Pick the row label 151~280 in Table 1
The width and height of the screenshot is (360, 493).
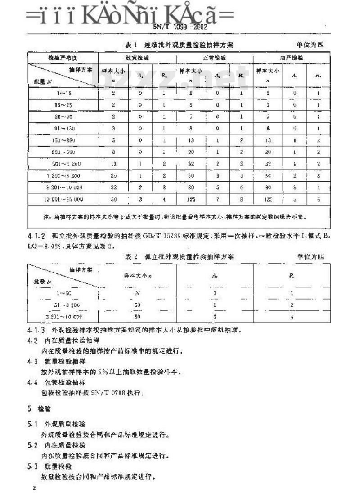point(63,139)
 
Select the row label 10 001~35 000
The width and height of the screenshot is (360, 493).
point(63,198)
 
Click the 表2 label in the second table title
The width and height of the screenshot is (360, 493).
point(130,256)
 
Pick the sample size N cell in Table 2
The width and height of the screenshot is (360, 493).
point(137,293)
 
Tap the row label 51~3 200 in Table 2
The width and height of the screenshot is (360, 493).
point(63,305)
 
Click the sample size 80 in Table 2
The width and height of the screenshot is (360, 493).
point(137,316)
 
